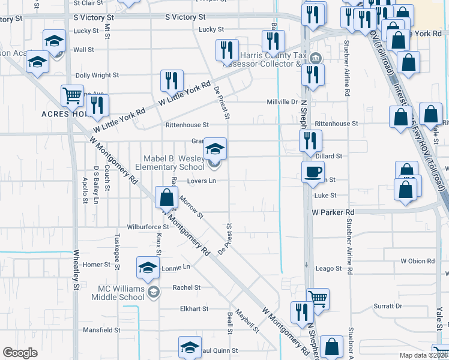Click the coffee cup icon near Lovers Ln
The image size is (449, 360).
(x=312, y=172)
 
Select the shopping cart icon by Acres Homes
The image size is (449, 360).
(x=72, y=95)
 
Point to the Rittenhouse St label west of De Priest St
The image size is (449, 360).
(x=187, y=125)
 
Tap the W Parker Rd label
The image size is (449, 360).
(x=333, y=212)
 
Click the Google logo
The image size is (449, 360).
(x=20, y=353)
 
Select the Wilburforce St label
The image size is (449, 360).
(x=148, y=227)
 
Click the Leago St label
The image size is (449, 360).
(x=328, y=268)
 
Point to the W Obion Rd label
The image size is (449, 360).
(x=417, y=262)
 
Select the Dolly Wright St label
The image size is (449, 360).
(x=97, y=76)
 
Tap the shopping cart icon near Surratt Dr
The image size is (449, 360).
(x=318, y=298)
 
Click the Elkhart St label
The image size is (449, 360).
(x=194, y=309)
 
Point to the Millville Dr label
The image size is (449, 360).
(x=282, y=102)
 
